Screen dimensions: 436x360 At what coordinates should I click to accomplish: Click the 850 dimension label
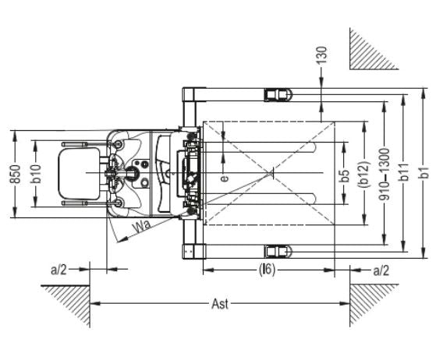tap(16, 175)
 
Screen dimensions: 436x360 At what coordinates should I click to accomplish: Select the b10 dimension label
tap(37, 174)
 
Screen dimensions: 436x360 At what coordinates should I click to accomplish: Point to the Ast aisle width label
tap(220, 304)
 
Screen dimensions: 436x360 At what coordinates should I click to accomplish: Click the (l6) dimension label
tap(267, 270)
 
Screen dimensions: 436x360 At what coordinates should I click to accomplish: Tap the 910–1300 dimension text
tap(385, 175)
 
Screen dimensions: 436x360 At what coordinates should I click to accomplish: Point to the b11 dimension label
tap(405, 172)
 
